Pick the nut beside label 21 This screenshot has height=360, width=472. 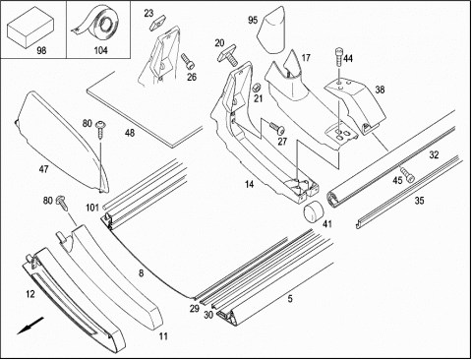tap(256, 88)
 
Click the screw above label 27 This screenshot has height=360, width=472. tap(277, 127)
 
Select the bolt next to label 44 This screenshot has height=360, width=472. tap(339, 57)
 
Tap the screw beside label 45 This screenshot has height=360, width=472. tap(406, 174)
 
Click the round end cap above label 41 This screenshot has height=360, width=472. tap(313, 211)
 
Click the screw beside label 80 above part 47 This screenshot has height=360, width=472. tap(100, 130)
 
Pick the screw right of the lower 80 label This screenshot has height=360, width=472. tap(62, 203)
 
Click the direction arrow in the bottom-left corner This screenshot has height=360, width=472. tap(30, 325)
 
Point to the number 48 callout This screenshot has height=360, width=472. tap(130, 133)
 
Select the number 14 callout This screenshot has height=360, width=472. tap(249, 185)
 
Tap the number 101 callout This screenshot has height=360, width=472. tap(92, 208)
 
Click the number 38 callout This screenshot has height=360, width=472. tap(380, 90)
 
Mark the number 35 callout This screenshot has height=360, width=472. tap(419, 201)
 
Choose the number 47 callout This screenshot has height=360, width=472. tap(43, 169)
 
